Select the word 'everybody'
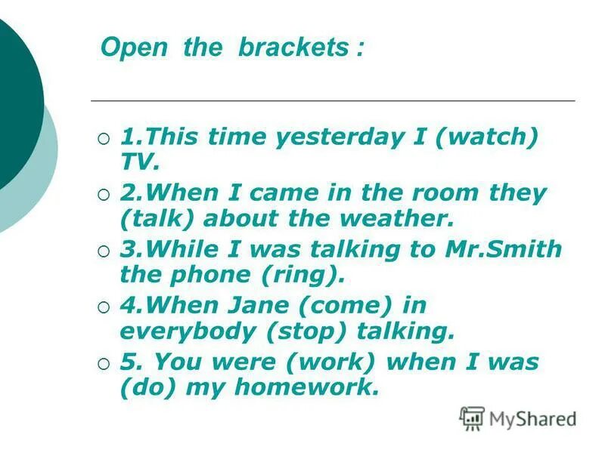click(189, 331)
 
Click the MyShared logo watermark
click(518, 418)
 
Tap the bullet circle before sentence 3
click(104, 250)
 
